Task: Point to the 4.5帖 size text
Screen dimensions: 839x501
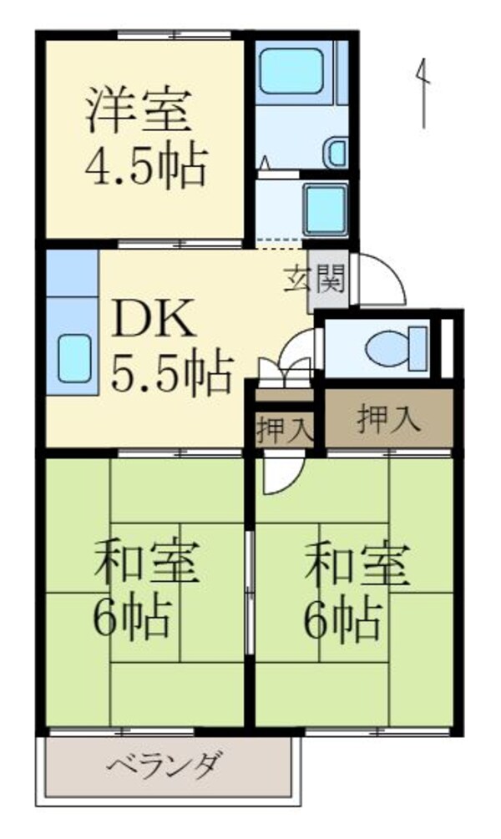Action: pos(144,167)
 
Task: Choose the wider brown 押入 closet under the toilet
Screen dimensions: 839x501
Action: pos(388,419)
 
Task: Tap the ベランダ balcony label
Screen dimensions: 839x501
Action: pos(165,765)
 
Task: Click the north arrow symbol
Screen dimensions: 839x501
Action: pos(424,92)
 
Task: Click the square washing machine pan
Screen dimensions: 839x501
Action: pos(326,210)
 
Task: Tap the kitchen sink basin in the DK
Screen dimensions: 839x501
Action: pos(78,358)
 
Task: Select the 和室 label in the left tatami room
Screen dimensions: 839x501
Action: pos(146,565)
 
